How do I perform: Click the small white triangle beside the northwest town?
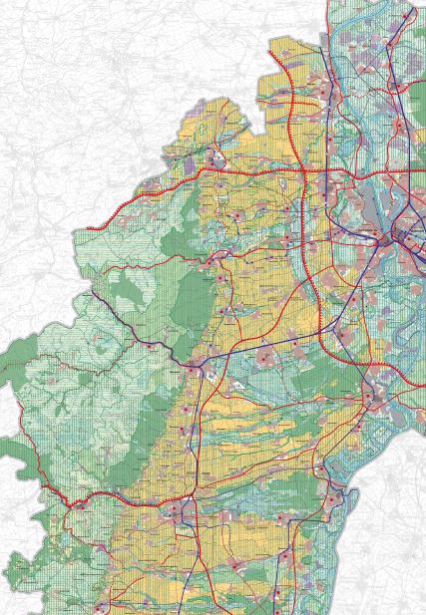(216, 156)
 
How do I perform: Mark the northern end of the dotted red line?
(280, 60)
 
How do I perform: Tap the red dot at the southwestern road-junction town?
(74, 504)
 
